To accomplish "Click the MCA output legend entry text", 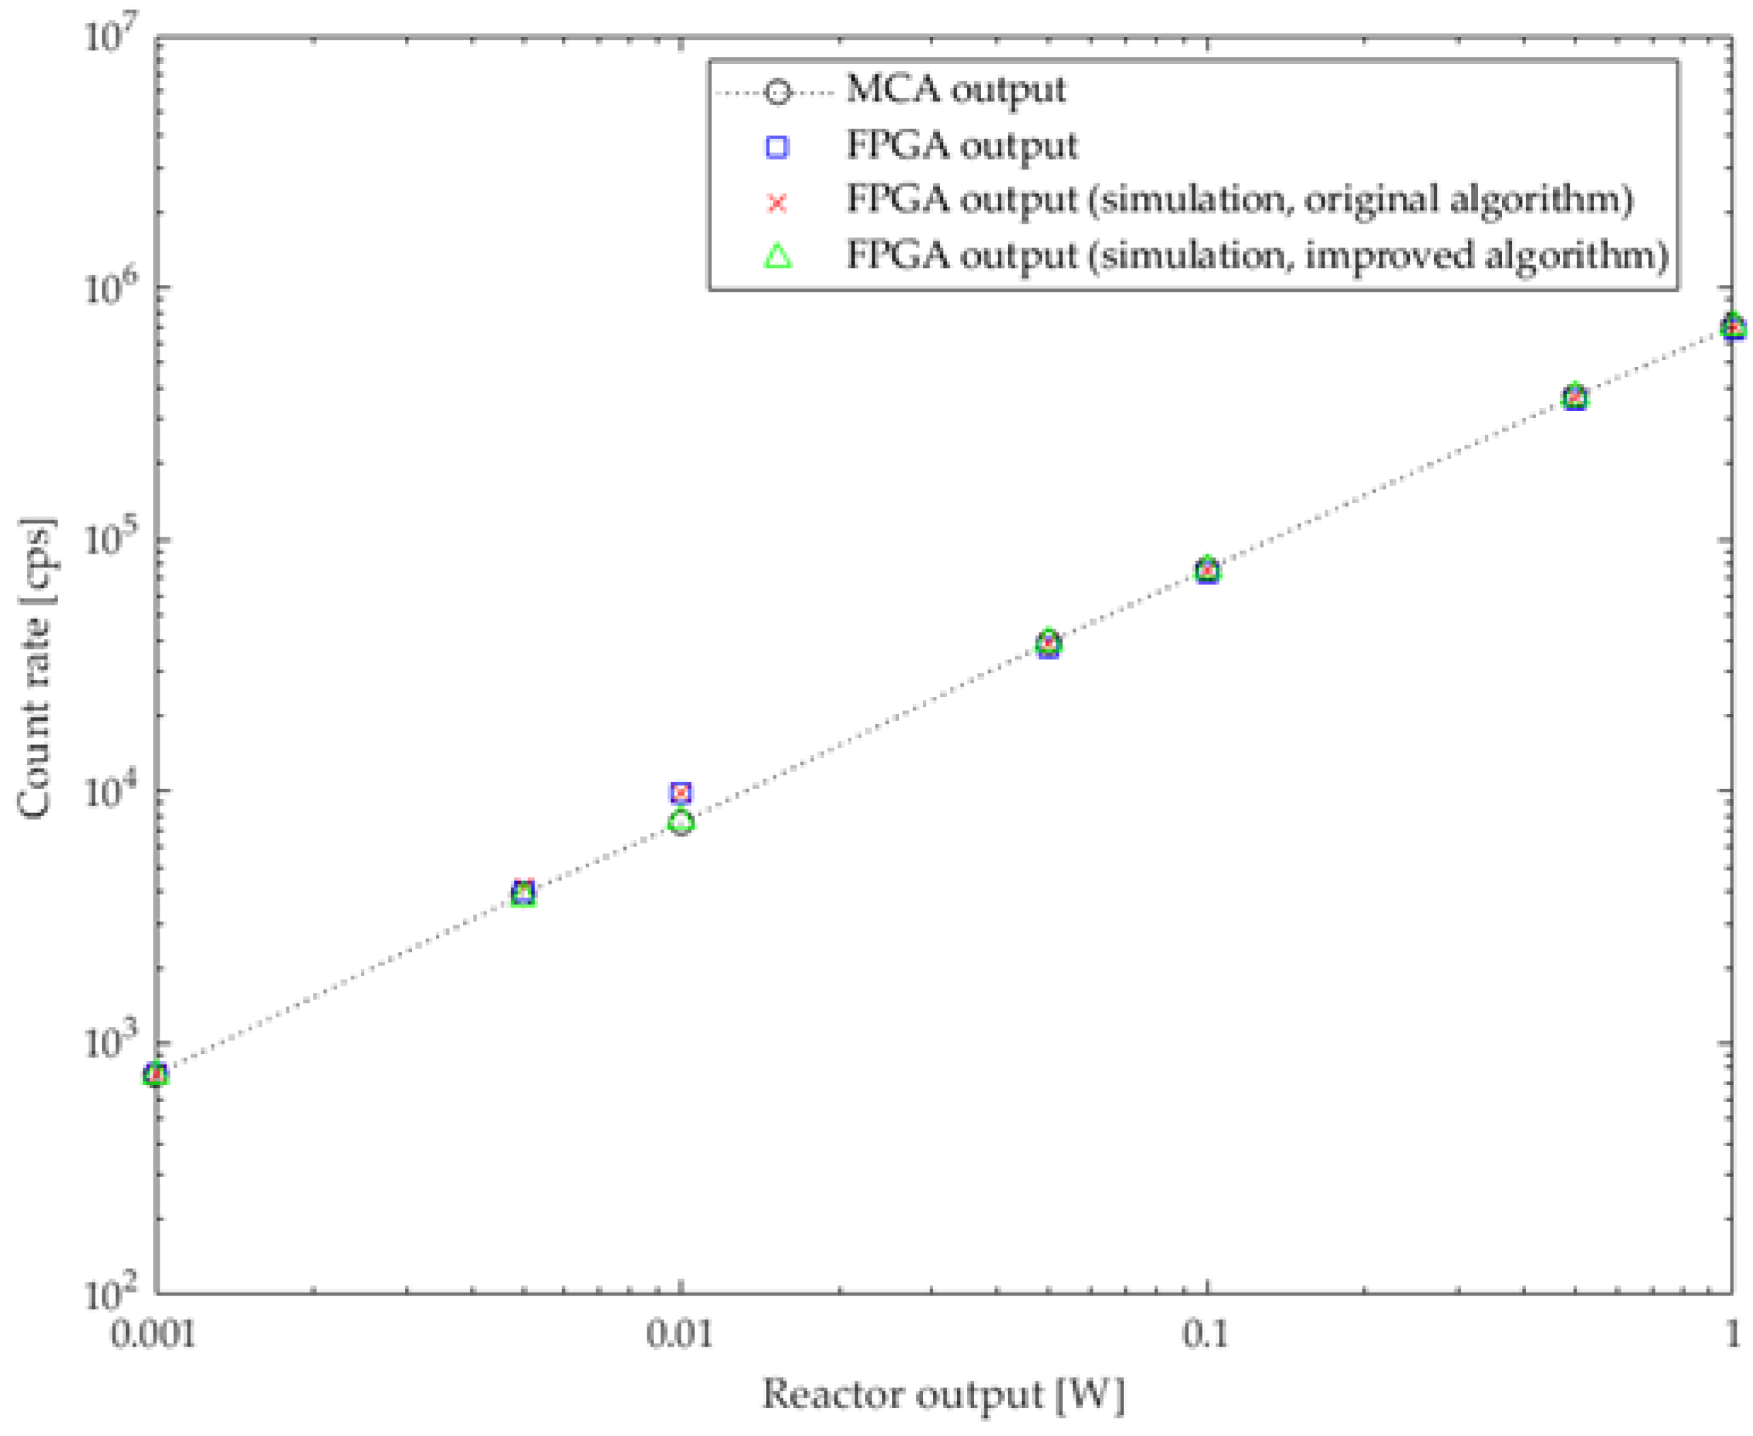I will pyautogui.click(x=955, y=90).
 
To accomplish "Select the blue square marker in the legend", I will pyautogui.click(x=778, y=147).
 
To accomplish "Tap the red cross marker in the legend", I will pyautogui.click(x=778, y=201).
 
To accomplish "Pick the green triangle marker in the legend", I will pyautogui.click(x=778, y=256).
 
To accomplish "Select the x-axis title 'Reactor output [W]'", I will pyautogui.click(x=943, y=1394).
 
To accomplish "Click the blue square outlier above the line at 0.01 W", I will pyautogui.click(x=681, y=792).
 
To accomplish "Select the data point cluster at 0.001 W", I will pyautogui.click(x=156, y=1075).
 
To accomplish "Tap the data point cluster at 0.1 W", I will pyautogui.click(x=1207, y=569).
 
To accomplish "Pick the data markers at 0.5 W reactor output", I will pyautogui.click(x=1575, y=397).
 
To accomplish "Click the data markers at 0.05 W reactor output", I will pyautogui.click(x=1048, y=643).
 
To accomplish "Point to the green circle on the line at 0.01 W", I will pyautogui.click(x=681, y=822).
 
